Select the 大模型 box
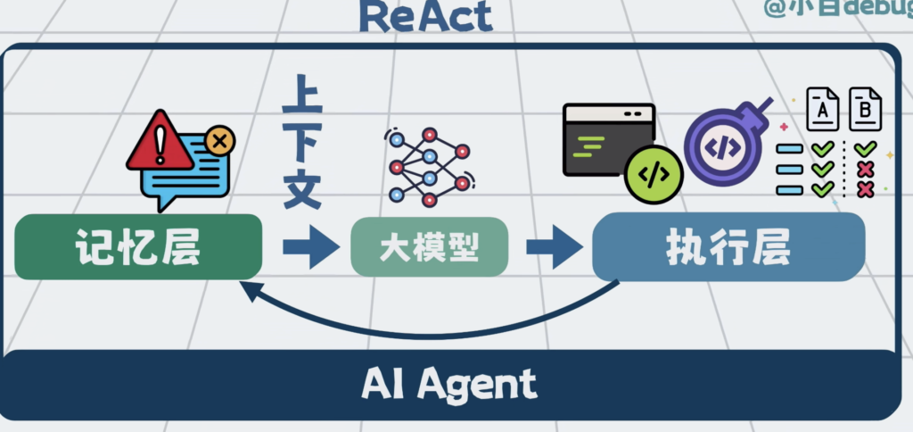(430, 247)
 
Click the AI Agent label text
(449, 383)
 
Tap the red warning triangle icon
(160, 142)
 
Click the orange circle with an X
(219, 140)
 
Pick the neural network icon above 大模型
(429, 165)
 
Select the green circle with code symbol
(654, 175)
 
